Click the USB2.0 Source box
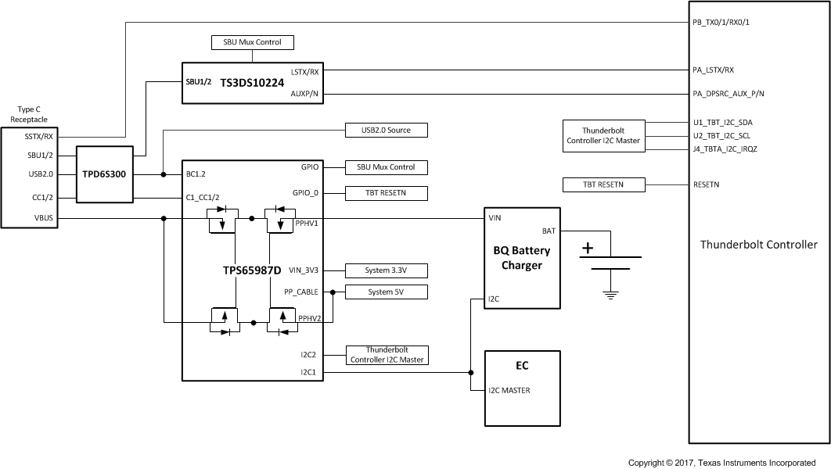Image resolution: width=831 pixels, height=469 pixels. [387, 130]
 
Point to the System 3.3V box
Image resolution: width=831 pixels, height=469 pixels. [387, 270]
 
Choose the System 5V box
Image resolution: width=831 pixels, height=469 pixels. [387, 292]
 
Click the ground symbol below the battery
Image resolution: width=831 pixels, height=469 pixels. [612, 294]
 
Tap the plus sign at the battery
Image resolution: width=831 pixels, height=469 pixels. [588, 249]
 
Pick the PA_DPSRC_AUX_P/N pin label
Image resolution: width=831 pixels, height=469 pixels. [728, 94]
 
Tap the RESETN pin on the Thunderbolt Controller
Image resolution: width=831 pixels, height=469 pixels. [707, 185]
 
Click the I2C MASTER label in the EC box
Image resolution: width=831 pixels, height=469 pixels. [509, 390]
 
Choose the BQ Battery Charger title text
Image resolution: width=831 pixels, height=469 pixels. [521, 258]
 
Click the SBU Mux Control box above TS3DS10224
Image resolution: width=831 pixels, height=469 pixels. [254, 41]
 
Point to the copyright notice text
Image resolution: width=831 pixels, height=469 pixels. [721, 463]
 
